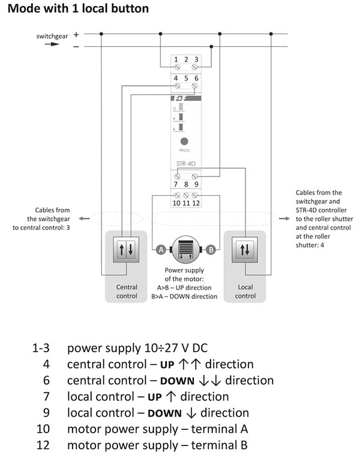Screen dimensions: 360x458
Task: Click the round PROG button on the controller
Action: pos(184,142)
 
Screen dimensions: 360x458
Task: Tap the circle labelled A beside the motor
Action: pos(161,250)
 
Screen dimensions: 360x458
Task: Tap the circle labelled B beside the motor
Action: pos(211,250)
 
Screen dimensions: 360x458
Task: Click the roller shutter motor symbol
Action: pos(185,250)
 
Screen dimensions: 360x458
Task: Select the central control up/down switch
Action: pos(126,250)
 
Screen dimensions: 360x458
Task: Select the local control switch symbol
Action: pos(245,250)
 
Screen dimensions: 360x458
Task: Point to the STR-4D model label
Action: pos(185,163)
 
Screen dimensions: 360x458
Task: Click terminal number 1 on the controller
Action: pos(176,59)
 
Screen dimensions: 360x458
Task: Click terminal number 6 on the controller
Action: pos(196,78)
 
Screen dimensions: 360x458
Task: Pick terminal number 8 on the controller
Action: pos(186,184)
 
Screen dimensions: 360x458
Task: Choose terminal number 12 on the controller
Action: pos(196,203)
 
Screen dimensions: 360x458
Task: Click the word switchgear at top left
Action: pos(52,36)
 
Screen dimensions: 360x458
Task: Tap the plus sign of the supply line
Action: pos(76,34)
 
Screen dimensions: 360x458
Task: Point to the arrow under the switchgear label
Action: pos(52,44)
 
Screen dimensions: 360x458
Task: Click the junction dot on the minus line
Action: pos(211,46)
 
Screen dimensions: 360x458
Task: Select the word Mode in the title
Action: pos(23,8)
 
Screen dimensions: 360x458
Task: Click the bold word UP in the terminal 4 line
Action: pos(167,365)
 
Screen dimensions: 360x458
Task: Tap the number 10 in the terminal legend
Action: pos(43,429)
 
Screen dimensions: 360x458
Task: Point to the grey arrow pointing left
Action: pos(84,218)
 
